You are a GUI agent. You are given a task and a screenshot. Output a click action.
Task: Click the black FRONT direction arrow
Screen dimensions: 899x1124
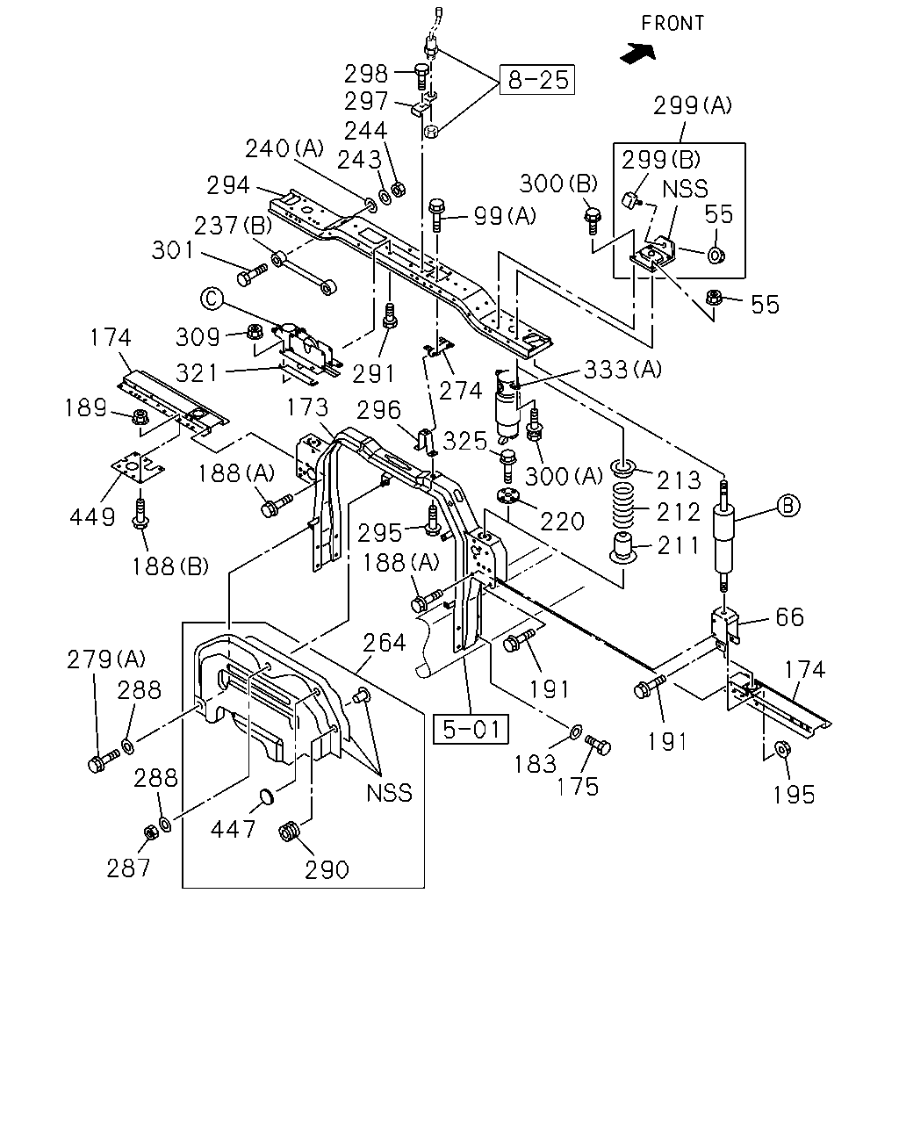point(637,54)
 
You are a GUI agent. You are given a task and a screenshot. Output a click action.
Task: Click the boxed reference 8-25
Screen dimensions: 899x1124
point(537,80)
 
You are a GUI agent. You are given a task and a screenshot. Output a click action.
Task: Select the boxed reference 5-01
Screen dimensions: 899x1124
point(471,729)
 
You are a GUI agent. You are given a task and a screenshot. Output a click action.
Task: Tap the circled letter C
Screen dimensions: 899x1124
point(212,299)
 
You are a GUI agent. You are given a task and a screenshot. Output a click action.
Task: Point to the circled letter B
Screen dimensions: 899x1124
point(788,506)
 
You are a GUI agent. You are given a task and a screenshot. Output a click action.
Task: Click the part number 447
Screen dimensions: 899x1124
point(233,829)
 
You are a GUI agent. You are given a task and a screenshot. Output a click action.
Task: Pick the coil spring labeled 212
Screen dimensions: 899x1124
point(622,505)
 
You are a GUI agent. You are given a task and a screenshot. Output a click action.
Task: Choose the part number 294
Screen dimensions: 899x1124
point(228,185)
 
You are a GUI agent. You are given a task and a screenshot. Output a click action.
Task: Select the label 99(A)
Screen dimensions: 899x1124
point(505,216)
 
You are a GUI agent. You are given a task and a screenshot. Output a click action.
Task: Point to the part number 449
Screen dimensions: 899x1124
point(92,516)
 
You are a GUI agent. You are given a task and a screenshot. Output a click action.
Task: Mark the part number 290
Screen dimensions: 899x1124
point(327,870)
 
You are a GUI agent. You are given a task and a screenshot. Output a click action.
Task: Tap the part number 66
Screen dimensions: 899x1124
point(790,617)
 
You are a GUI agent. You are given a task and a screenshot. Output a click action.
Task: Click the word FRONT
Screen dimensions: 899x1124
point(672,24)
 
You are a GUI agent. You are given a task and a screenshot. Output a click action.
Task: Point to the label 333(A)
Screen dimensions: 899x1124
point(622,370)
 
